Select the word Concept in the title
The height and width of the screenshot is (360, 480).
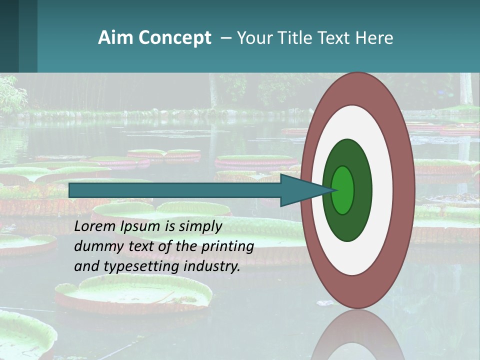pos(174,38)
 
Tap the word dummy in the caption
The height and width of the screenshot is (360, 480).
pos(95,246)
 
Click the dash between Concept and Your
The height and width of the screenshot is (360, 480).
pos(226,38)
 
